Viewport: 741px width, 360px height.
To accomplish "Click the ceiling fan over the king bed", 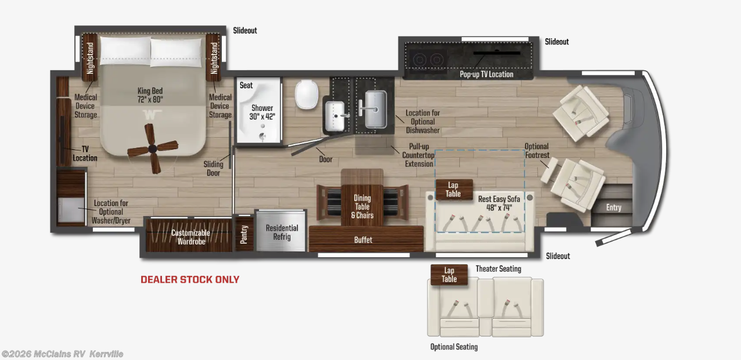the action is pyautogui.click(x=153, y=149).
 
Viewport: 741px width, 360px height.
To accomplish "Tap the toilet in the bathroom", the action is pyautogui.click(x=307, y=94).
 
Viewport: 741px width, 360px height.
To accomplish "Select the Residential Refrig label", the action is pyautogui.click(x=282, y=232).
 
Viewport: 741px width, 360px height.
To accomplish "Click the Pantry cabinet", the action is pyautogui.click(x=244, y=234).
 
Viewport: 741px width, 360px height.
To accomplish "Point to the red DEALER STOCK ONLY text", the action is pyautogui.click(x=190, y=280).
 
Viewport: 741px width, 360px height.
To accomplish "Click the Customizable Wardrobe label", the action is pyautogui.click(x=190, y=237).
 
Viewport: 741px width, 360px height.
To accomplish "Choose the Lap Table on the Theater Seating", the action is pyautogui.click(x=449, y=275).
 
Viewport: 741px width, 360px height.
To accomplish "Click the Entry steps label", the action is pyautogui.click(x=614, y=207).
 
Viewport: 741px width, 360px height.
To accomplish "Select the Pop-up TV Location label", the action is pyautogui.click(x=487, y=74).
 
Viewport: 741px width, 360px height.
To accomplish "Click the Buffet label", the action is pyautogui.click(x=363, y=240).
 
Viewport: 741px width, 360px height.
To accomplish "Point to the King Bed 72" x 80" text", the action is pyautogui.click(x=150, y=95).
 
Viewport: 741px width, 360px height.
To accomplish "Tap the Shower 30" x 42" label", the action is pyautogui.click(x=262, y=112).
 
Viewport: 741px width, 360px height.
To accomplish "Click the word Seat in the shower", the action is pyautogui.click(x=246, y=85).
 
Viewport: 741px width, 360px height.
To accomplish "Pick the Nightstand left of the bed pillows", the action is pyautogui.click(x=89, y=57).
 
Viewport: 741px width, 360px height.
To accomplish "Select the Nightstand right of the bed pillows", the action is pyautogui.click(x=214, y=57).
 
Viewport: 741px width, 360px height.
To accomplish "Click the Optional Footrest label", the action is pyautogui.click(x=537, y=150).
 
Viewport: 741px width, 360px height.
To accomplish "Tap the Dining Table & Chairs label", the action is pyautogui.click(x=362, y=207).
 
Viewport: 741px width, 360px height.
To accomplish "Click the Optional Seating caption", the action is pyautogui.click(x=454, y=347).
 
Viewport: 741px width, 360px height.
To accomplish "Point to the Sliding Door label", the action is pyautogui.click(x=213, y=168).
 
